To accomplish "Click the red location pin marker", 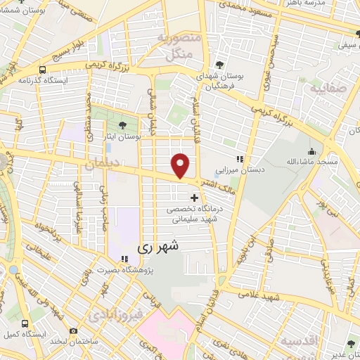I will point(181,165).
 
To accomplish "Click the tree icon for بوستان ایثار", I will point(124,124).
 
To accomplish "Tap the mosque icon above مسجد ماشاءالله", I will point(311,151).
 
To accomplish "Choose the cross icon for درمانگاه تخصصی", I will point(195,198).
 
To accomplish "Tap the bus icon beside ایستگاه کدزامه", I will point(43,70).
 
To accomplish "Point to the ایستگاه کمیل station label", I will point(26,334).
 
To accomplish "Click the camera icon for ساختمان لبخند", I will point(74,330).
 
